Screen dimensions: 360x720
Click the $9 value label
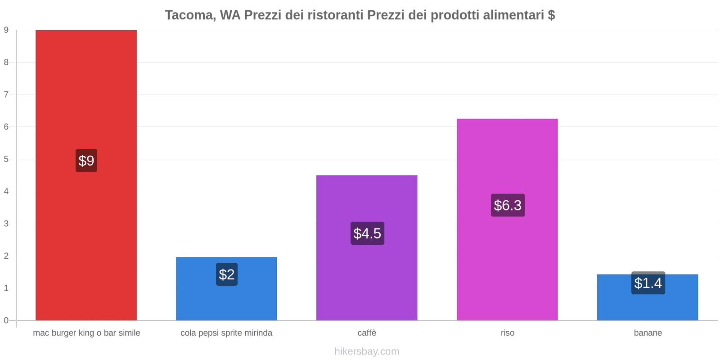pyautogui.click(x=86, y=161)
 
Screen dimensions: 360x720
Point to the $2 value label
pyautogui.click(x=227, y=274)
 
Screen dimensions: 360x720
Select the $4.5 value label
pyautogui.click(x=367, y=234)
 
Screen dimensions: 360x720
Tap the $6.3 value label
pyautogui.click(x=508, y=205)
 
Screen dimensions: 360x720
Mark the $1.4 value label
pyautogui.click(x=648, y=283)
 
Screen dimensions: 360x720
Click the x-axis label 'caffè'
pyautogui.click(x=367, y=333)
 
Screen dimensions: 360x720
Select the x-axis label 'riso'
pyautogui.click(x=507, y=333)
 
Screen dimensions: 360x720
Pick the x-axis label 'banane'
pyautogui.click(x=648, y=333)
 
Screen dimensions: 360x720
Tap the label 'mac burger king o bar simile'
pyautogui.click(x=86, y=333)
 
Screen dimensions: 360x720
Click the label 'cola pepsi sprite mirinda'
pyautogui.click(x=226, y=333)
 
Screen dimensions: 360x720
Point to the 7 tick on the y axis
pyautogui.click(x=6, y=94)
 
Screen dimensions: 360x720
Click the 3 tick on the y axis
pyautogui.click(x=6, y=224)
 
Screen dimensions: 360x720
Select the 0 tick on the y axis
pyautogui.click(x=6, y=320)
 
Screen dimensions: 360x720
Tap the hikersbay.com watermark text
pyautogui.click(x=367, y=351)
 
